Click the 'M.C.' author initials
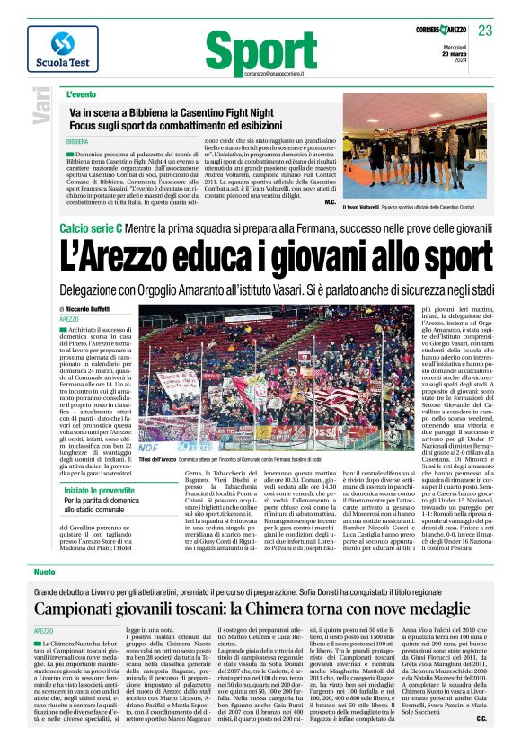(x=329, y=202)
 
